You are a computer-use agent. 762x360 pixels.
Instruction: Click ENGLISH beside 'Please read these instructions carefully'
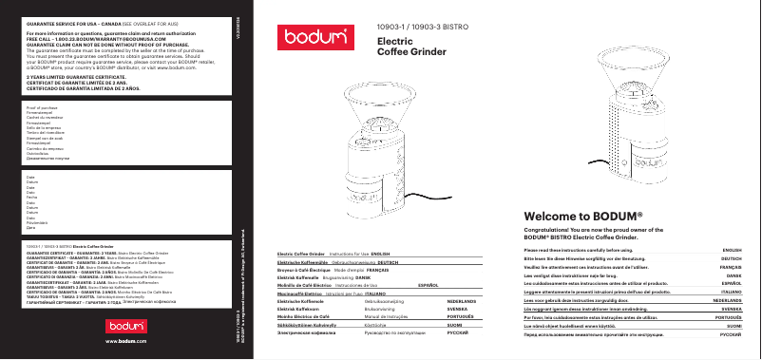tap(732, 250)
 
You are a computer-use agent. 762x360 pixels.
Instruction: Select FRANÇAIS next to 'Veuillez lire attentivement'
tap(732, 267)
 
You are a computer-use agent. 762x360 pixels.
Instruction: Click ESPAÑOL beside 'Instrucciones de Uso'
tap(429, 284)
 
